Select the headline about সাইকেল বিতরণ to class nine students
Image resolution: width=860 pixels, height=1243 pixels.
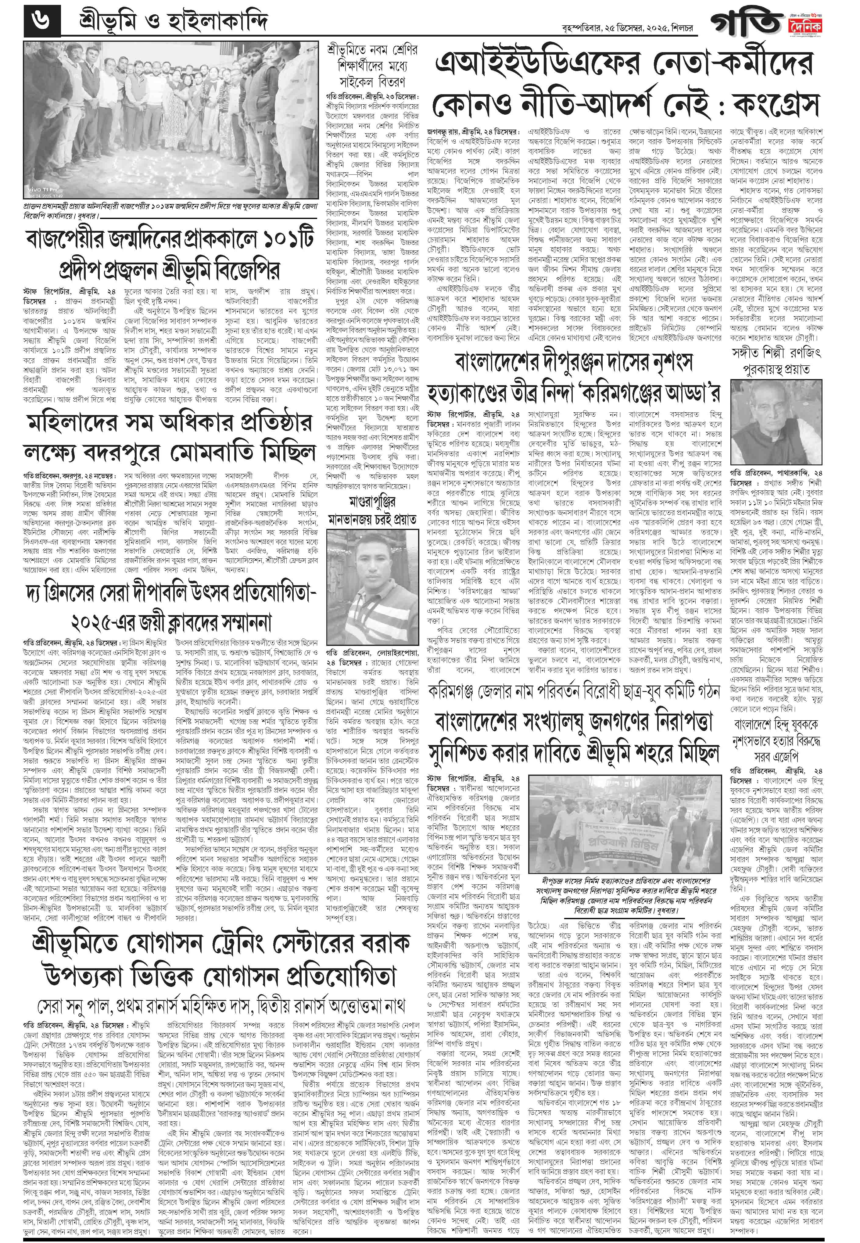(372, 67)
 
